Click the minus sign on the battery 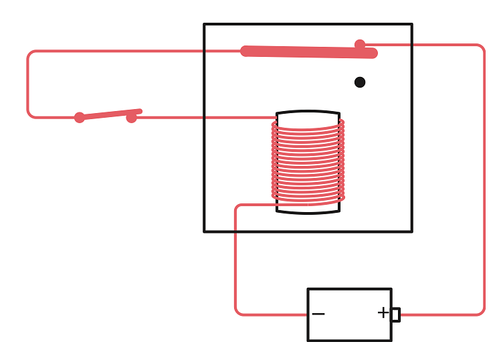click(318, 314)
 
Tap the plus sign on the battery click(383, 312)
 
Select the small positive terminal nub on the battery click(396, 314)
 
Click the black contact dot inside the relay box click(360, 82)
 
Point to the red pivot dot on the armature click(360, 45)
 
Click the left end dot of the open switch click(80, 118)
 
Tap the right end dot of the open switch click(131, 118)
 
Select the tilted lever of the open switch click(107, 114)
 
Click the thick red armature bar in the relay click(308, 52)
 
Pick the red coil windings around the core click(308, 161)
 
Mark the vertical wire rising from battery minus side click(235, 261)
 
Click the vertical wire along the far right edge click(484, 181)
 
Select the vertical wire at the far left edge click(27, 84)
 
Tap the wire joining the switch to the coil click(201, 118)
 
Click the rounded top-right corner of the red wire click(481, 48)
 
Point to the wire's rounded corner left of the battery click(238, 311)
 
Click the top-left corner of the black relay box click(205, 25)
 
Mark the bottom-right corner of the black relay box click(411, 232)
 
